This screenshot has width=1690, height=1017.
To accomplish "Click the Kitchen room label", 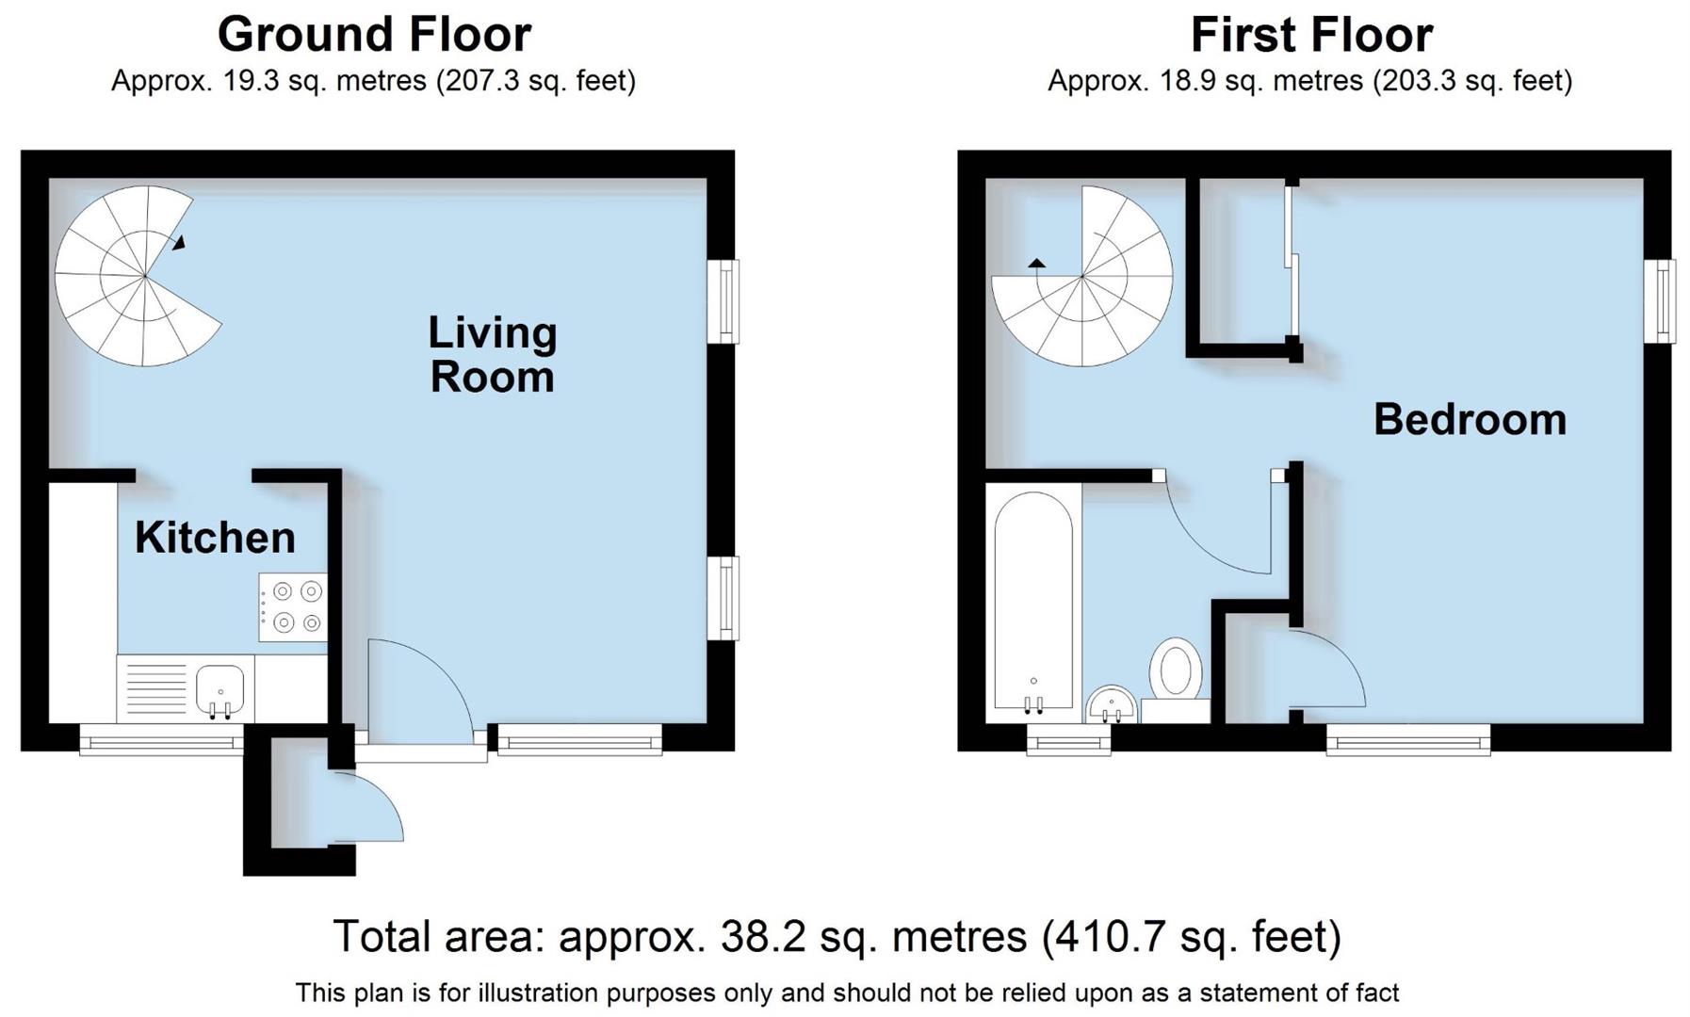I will [x=215, y=538].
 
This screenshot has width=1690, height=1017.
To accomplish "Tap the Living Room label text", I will [x=492, y=355].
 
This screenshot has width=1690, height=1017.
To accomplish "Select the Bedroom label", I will [x=1469, y=420].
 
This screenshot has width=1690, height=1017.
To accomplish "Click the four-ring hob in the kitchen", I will [x=294, y=607].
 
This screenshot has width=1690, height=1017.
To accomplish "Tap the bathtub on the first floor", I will [x=1033, y=603].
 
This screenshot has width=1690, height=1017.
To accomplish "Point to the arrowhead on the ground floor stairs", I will [x=179, y=243].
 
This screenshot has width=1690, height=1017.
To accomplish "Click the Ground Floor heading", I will [x=374, y=35].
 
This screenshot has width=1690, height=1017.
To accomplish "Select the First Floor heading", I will [x=1310, y=35].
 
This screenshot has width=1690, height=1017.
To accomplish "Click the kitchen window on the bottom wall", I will [x=162, y=744].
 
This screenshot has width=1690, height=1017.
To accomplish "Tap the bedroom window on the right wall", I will [x=1664, y=301].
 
